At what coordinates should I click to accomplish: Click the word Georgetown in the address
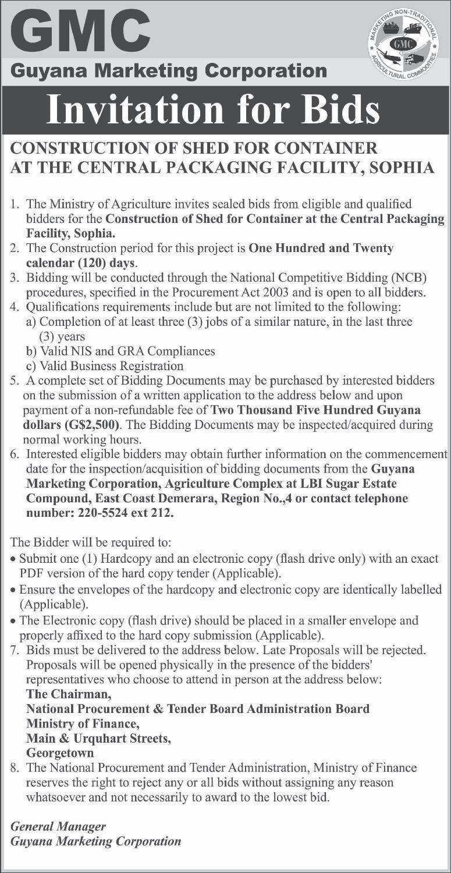[x=60, y=753]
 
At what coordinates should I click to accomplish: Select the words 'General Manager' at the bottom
[x=58, y=826]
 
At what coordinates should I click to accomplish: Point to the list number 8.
[x=14, y=768]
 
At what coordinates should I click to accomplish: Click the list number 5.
[x=14, y=381]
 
